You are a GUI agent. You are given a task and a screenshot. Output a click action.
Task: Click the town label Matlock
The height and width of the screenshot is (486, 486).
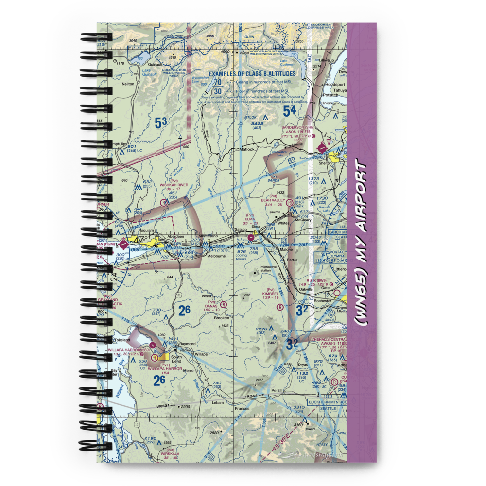[247, 150]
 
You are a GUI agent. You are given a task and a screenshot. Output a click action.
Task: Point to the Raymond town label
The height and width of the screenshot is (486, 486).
[187, 344]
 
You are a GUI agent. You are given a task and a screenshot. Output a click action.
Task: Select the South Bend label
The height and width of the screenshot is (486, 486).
[176, 359]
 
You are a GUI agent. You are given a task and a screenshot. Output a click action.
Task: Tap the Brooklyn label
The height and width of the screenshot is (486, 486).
[222, 318]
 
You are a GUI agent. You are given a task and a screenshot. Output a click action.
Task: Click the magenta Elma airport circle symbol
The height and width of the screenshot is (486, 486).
[251, 237]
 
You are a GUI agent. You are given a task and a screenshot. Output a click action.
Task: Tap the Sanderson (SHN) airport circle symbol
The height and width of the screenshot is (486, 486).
[321, 147]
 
